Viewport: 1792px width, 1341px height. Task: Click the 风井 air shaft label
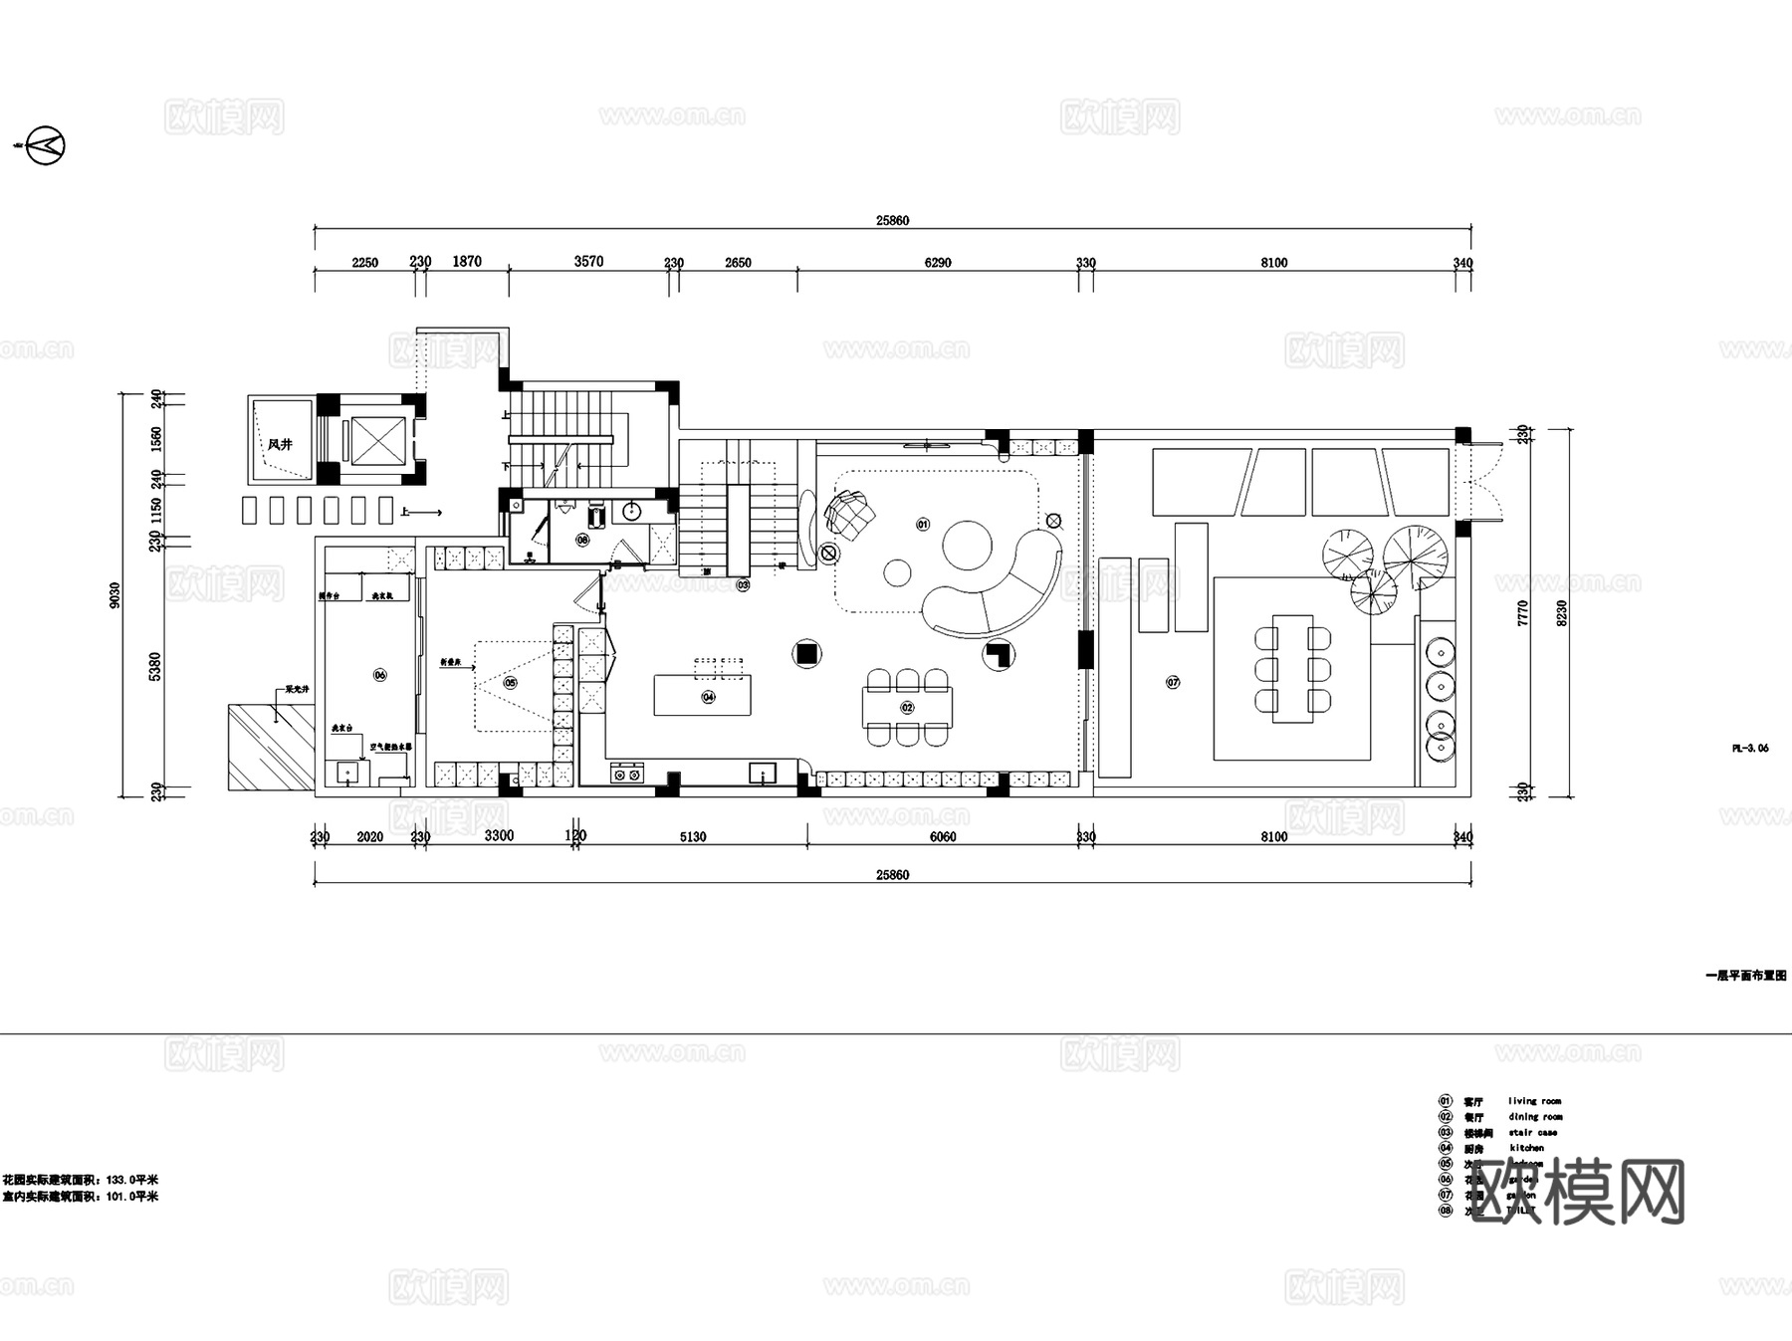click(x=281, y=445)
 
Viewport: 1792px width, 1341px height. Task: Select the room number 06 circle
click(x=379, y=675)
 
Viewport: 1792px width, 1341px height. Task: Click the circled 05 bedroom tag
click(x=511, y=683)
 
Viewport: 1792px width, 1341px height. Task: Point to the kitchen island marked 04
click(x=703, y=695)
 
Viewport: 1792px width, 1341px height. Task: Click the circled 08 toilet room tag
click(x=582, y=540)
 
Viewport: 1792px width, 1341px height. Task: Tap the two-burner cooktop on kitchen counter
click(x=627, y=773)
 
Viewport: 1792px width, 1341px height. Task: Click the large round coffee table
click(x=968, y=545)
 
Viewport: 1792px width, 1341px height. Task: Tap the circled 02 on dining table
click(x=907, y=708)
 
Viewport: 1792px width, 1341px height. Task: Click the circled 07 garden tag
click(x=1173, y=682)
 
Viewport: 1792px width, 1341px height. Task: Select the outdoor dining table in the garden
click(x=1292, y=667)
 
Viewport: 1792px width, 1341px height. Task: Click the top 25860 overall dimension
click(x=892, y=220)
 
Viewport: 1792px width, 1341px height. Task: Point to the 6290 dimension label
click(x=938, y=263)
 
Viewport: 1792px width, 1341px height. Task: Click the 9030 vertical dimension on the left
click(x=115, y=595)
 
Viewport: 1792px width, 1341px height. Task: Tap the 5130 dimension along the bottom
click(x=693, y=837)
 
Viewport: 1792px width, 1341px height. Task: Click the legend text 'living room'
click(x=1534, y=1101)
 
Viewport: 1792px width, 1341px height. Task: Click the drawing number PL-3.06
click(x=1750, y=748)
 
